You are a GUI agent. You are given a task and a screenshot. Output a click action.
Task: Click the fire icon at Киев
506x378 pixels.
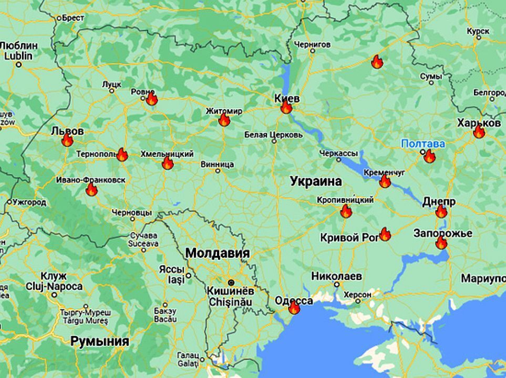coord(286,107)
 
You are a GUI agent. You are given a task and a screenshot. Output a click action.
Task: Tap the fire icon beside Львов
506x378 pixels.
coord(67,140)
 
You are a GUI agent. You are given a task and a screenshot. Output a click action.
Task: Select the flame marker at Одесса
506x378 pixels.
coord(294,308)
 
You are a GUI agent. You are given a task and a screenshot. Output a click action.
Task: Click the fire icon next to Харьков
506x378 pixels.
coord(479,132)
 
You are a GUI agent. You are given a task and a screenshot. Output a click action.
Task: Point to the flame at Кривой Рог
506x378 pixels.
coord(385,234)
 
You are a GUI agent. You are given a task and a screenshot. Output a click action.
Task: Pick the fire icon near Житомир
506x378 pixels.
coord(224,120)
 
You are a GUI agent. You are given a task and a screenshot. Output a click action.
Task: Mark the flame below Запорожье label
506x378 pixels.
coord(441,243)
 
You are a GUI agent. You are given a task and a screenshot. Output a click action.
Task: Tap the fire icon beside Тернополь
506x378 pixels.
coord(122,154)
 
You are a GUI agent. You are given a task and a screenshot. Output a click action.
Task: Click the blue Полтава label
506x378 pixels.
coord(422,143)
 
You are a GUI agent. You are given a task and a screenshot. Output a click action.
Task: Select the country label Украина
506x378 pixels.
coord(316,181)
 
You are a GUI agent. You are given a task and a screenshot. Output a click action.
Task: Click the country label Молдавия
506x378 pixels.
coord(217,253)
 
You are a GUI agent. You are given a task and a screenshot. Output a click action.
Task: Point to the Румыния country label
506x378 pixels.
coord(99,341)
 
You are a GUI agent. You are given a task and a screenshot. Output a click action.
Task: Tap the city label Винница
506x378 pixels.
coord(217,164)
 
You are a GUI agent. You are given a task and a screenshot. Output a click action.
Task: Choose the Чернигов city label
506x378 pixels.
coord(313,45)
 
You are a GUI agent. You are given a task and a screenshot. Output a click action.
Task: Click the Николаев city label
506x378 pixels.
coord(336,275)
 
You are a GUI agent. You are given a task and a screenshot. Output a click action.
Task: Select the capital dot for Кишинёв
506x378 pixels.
coord(231,282)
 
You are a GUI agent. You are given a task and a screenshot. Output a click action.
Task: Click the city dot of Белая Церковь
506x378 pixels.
coord(273,141)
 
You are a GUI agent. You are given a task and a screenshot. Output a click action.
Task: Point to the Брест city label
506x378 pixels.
coord(73,18)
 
